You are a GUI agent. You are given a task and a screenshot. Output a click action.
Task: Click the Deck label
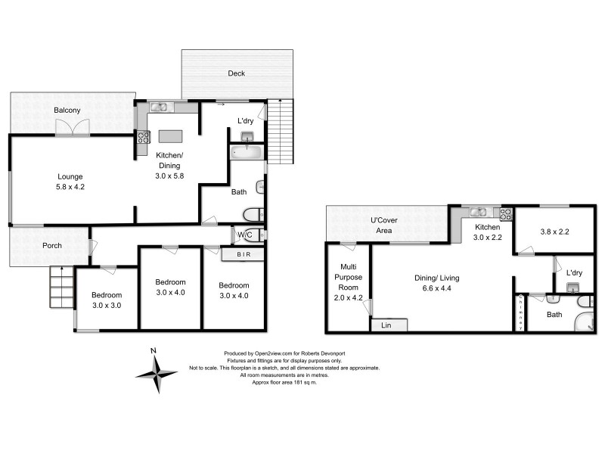coord(237,73)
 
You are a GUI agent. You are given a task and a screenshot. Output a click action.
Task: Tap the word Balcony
coord(67,110)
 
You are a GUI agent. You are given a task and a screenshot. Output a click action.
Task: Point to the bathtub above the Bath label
coord(247,152)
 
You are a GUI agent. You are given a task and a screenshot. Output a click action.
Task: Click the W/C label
coord(244,235)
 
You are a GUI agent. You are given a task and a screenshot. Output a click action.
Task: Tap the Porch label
coord(51,245)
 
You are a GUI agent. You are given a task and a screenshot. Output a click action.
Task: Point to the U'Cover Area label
coord(384,225)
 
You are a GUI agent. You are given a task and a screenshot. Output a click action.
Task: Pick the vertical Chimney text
coord(520,313)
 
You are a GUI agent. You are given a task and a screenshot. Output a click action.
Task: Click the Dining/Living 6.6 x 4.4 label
coord(437,283)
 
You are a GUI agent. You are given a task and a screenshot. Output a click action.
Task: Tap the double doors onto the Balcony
coord(72,130)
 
